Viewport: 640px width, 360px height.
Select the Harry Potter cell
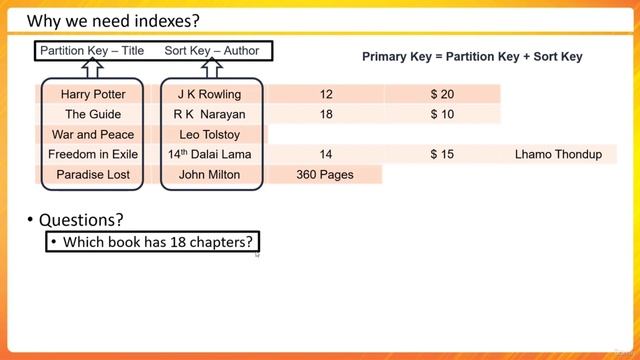point(91,94)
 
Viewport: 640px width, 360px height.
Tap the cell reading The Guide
point(91,114)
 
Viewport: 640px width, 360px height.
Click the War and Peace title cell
point(91,134)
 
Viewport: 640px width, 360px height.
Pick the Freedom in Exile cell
point(91,154)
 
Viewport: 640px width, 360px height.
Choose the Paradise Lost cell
point(91,174)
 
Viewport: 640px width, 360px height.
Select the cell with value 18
point(326,114)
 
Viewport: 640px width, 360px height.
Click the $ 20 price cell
point(442,94)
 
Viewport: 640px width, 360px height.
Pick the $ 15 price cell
point(442,154)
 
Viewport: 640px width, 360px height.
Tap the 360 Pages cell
point(326,174)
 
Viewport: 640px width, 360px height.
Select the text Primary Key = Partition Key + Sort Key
point(472,57)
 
